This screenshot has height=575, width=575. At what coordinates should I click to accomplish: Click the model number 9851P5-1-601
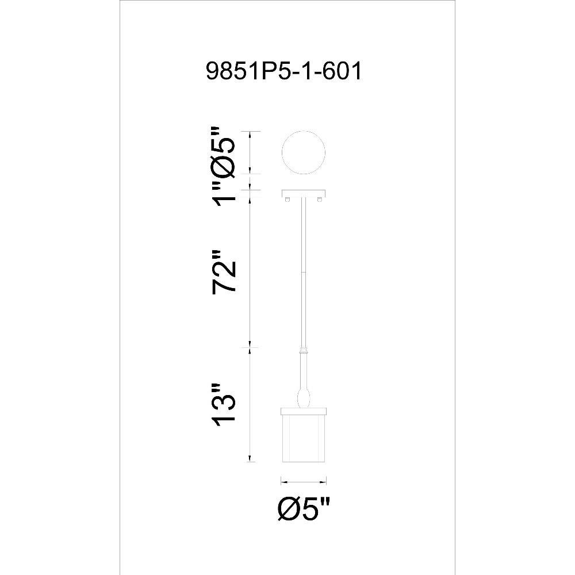point(284,71)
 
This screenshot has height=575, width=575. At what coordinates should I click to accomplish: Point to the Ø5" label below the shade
point(304,508)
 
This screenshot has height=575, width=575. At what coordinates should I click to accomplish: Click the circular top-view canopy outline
point(303,153)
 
